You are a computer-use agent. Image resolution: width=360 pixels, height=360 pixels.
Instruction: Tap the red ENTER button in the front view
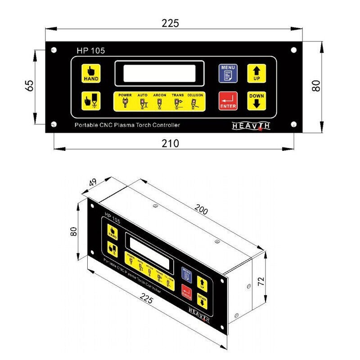point(228,101)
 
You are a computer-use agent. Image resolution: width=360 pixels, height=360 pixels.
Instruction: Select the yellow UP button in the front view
point(256,73)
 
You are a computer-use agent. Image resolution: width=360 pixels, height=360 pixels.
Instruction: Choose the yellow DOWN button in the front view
point(256,101)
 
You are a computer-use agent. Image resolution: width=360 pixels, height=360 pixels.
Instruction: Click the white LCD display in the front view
point(159,73)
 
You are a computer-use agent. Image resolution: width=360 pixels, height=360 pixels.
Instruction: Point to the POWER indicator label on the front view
point(125,95)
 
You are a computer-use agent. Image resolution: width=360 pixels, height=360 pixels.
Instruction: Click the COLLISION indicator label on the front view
point(195,95)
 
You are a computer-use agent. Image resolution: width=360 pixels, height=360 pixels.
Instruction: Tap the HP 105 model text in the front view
point(90,51)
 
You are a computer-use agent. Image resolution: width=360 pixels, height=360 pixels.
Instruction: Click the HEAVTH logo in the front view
point(251,126)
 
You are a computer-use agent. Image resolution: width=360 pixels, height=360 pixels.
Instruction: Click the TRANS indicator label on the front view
point(177,95)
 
